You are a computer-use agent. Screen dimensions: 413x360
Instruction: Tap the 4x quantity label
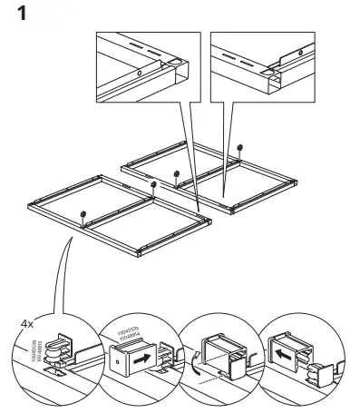(27, 322)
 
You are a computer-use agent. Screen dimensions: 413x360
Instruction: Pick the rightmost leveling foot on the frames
(239, 145)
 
